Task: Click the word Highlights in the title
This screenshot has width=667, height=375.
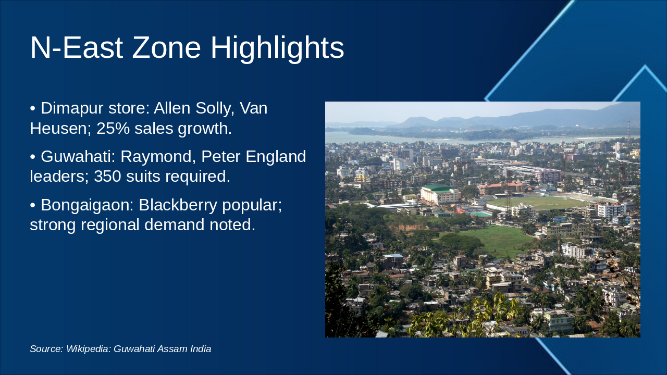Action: [277, 49]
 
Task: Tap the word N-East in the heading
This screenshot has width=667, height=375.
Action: [77, 47]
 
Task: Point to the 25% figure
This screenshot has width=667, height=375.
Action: [113, 128]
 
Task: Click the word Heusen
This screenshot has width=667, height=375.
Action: [60, 129]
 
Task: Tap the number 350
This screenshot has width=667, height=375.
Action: [107, 176]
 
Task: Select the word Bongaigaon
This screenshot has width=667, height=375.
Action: [87, 206]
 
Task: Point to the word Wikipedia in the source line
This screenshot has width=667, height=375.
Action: [89, 349]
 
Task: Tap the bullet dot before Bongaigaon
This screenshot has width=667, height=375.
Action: [33, 205]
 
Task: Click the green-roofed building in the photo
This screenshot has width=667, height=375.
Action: [440, 194]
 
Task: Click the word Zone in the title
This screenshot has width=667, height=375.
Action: [166, 47]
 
